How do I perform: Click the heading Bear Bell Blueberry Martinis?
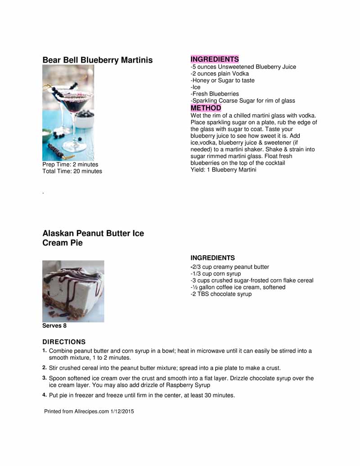(x=97, y=60)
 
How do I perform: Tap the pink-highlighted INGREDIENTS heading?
(x=214, y=59)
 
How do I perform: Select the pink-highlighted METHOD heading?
(x=206, y=108)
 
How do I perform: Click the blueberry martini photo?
(x=68, y=113)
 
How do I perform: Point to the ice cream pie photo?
(x=73, y=291)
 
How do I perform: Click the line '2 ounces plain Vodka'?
(x=220, y=73)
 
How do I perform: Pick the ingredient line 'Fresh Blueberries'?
(x=215, y=94)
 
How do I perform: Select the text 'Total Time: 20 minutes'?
(x=72, y=171)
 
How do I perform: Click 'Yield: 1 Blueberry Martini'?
(x=223, y=170)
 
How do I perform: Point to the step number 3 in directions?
(x=45, y=378)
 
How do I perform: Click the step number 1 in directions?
(x=45, y=350)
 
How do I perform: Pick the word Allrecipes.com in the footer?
(x=91, y=412)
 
